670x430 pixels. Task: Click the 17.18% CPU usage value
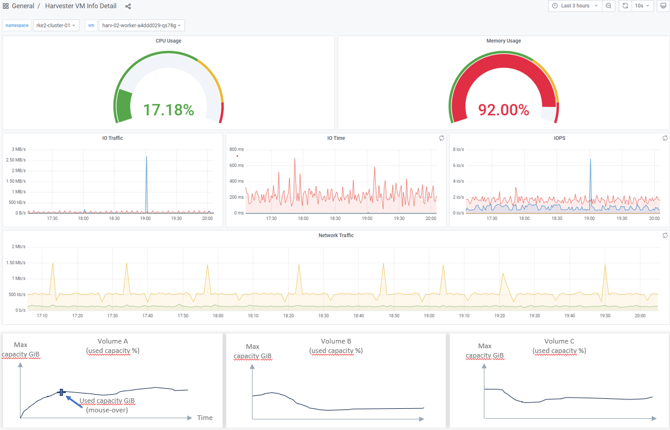(169, 109)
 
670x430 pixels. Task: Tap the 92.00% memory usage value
(503, 109)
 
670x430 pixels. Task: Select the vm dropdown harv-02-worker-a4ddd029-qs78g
(142, 25)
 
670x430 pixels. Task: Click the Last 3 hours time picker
(575, 6)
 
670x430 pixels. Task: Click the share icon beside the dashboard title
(128, 6)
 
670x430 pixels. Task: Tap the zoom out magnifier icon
(609, 6)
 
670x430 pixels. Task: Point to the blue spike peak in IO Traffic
(146, 157)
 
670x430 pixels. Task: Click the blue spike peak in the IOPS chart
(590, 159)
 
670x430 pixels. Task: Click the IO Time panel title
(336, 138)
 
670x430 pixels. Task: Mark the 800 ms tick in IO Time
(237, 149)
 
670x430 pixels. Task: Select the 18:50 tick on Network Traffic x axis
(394, 316)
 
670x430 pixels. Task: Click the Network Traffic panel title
(336, 235)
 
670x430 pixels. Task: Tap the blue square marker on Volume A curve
(61, 392)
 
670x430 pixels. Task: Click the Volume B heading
(336, 341)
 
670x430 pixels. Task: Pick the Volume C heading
(559, 341)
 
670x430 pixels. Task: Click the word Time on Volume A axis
(205, 418)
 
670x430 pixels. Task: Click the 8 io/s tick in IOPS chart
(459, 149)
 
